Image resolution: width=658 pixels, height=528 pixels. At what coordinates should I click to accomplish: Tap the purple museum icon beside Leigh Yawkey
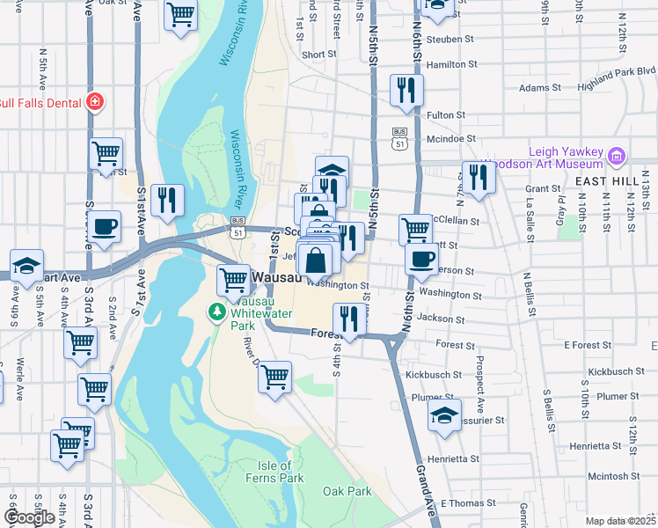(x=617, y=158)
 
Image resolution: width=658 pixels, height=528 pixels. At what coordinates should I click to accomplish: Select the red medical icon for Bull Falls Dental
(x=94, y=102)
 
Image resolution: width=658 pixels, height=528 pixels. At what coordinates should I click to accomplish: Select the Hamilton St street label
(x=451, y=64)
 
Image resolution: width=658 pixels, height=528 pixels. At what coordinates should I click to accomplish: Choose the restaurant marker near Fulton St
(x=406, y=90)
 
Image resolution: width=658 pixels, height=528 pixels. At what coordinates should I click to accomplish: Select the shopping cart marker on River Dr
(x=274, y=377)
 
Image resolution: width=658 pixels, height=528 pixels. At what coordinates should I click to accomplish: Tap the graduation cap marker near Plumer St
(x=444, y=414)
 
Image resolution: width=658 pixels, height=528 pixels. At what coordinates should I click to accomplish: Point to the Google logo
(x=29, y=517)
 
